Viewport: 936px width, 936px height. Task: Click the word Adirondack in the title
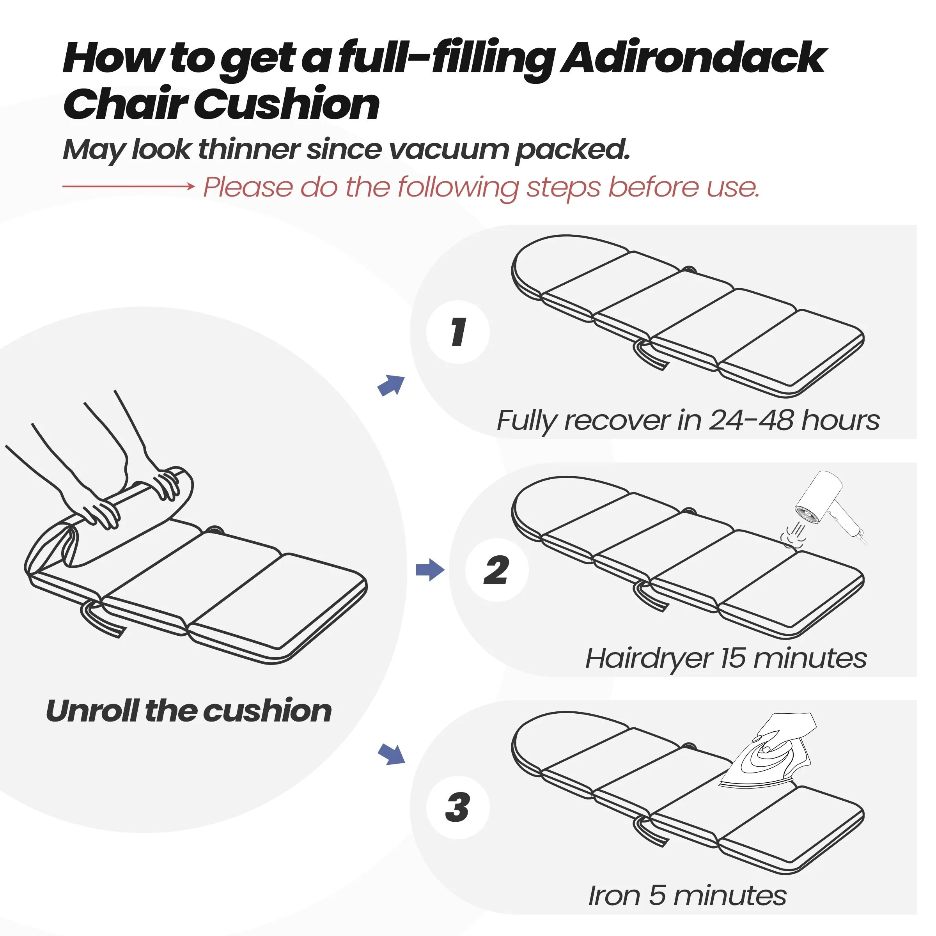[693, 58]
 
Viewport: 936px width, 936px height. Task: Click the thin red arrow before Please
[128, 186]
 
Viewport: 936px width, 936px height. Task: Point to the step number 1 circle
[458, 332]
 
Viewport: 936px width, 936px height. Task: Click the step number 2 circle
[496, 570]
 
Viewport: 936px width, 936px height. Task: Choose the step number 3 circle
[458, 808]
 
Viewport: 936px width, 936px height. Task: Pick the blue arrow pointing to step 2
[430, 570]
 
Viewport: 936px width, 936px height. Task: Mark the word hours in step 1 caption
[840, 420]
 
